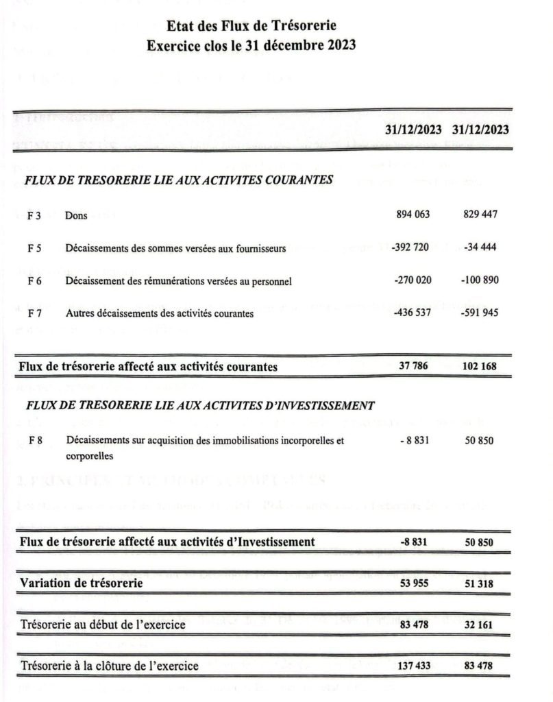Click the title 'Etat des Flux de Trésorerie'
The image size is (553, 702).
251,27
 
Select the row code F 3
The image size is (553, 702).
35,215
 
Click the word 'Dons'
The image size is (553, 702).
76,215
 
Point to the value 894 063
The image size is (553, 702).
413,215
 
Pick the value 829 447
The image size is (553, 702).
480,215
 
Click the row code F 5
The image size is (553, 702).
35,248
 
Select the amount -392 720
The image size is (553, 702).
410,247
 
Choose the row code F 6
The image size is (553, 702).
35,281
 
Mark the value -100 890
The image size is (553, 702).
480,280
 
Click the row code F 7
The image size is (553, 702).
35,314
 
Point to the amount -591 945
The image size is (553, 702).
480,313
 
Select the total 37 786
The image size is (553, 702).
413,366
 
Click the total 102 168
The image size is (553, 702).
480,366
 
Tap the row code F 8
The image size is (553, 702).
35,441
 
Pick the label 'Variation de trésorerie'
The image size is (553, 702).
82,583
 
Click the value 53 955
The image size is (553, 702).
413,583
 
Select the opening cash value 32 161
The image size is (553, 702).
480,625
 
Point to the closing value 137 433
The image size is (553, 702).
413,666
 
